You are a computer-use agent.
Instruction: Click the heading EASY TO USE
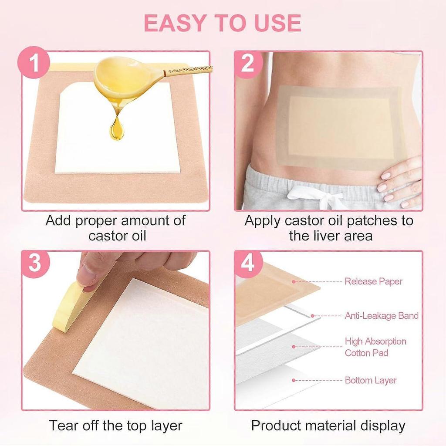(223, 23)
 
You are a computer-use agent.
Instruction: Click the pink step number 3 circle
(34, 263)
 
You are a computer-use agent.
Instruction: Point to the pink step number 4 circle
(248, 263)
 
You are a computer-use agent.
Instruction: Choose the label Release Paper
(374, 281)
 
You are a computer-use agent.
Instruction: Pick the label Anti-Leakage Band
(382, 316)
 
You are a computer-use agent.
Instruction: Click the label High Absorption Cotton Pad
(375, 347)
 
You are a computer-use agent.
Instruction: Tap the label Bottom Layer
(371, 380)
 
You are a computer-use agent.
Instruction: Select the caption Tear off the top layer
(115, 425)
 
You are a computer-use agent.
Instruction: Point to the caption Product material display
(328, 425)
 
